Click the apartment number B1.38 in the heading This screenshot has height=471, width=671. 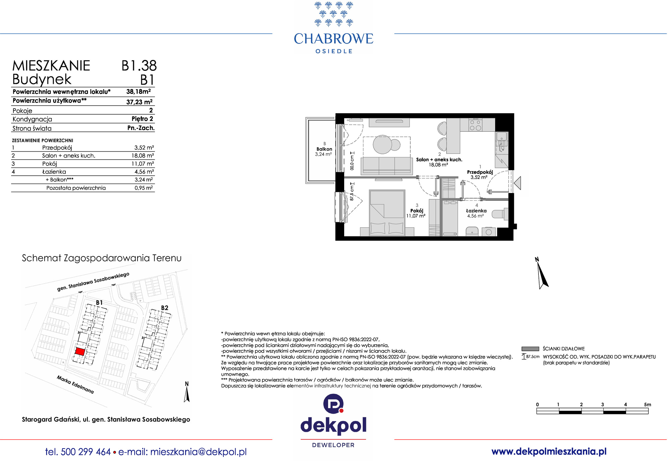(139, 66)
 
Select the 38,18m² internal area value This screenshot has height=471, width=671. (139, 92)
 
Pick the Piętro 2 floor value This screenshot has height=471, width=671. (142, 119)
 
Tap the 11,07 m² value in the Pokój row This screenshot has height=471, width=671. (143, 164)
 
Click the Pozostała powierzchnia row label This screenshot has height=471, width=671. (76, 188)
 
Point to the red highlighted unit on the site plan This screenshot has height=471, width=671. (80, 351)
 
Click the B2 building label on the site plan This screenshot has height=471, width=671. (164, 308)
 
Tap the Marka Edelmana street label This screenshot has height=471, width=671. (75, 385)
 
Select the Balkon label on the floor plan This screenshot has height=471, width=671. (324, 149)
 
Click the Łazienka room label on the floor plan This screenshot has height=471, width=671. (476, 211)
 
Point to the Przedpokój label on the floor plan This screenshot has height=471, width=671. (480, 172)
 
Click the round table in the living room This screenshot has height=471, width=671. (382, 144)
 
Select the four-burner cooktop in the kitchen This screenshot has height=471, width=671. (475, 125)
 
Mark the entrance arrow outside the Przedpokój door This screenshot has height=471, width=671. (517, 183)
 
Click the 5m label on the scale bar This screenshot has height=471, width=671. (648, 405)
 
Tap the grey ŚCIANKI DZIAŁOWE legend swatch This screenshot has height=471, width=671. (530, 349)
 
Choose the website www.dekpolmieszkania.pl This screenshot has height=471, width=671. (549, 452)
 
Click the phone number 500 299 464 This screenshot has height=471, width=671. (86, 452)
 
